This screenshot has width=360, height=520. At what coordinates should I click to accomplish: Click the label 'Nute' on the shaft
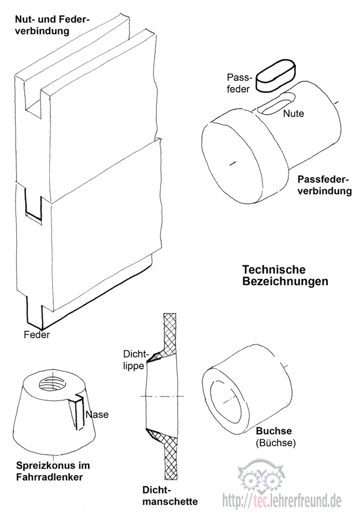pos(294,114)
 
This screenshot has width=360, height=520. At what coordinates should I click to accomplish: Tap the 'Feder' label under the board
pos(37,334)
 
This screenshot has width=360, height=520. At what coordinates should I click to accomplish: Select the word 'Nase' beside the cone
pos(97,414)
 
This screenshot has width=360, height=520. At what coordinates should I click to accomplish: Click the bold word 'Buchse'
pos(274,432)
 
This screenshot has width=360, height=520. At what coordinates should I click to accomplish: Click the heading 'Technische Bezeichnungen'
pos(285,275)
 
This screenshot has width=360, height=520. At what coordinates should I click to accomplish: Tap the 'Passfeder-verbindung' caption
pos(325,186)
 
